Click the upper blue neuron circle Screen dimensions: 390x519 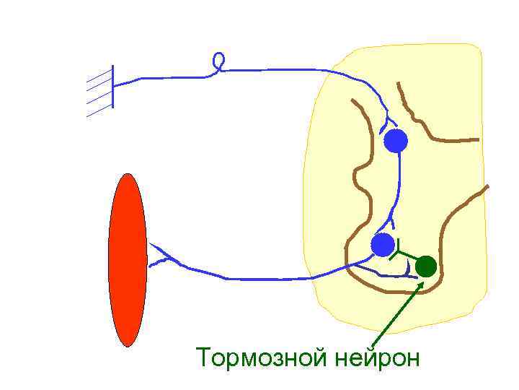[395, 141]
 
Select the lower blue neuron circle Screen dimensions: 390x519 [383, 245]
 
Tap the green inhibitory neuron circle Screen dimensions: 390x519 [426, 266]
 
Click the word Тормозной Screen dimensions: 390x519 [262, 357]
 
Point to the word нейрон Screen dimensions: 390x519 [376, 357]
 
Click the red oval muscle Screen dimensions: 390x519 [128, 260]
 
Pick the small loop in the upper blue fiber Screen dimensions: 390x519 [219, 61]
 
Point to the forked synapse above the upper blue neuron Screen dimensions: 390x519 [389, 120]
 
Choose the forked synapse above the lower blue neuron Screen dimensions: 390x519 [390, 220]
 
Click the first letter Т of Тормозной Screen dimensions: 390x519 [204, 357]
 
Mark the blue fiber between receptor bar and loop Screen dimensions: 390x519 [166, 77]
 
